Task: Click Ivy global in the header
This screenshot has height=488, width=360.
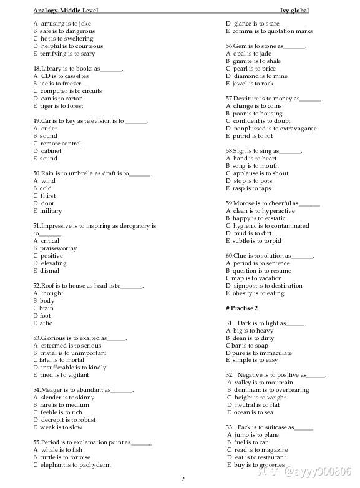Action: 294,11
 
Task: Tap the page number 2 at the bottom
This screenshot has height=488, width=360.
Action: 183,479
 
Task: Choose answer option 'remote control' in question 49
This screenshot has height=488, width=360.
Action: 61,144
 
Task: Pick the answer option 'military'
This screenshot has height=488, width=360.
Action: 51,211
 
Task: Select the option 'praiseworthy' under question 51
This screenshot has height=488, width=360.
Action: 59,248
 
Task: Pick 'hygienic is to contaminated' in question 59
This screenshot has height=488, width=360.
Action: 270,226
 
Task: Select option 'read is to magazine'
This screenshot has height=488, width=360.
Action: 260,450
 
